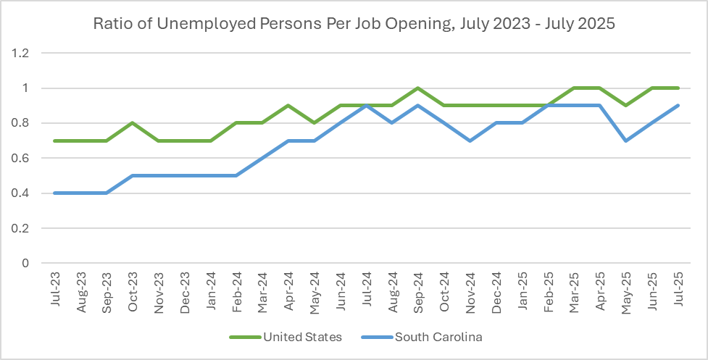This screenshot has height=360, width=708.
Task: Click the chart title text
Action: (x=354, y=23)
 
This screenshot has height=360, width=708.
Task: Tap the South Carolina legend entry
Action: (x=439, y=337)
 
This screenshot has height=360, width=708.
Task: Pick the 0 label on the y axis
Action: (x=25, y=264)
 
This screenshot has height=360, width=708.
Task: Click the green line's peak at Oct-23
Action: (x=133, y=123)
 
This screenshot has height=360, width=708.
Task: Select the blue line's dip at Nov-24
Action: (x=471, y=141)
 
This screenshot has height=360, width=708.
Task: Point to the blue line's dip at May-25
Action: (x=627, y=141)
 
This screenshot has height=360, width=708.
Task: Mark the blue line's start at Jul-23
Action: (x=55, y=193)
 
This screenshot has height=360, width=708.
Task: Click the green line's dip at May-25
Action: (x=627, y=106)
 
